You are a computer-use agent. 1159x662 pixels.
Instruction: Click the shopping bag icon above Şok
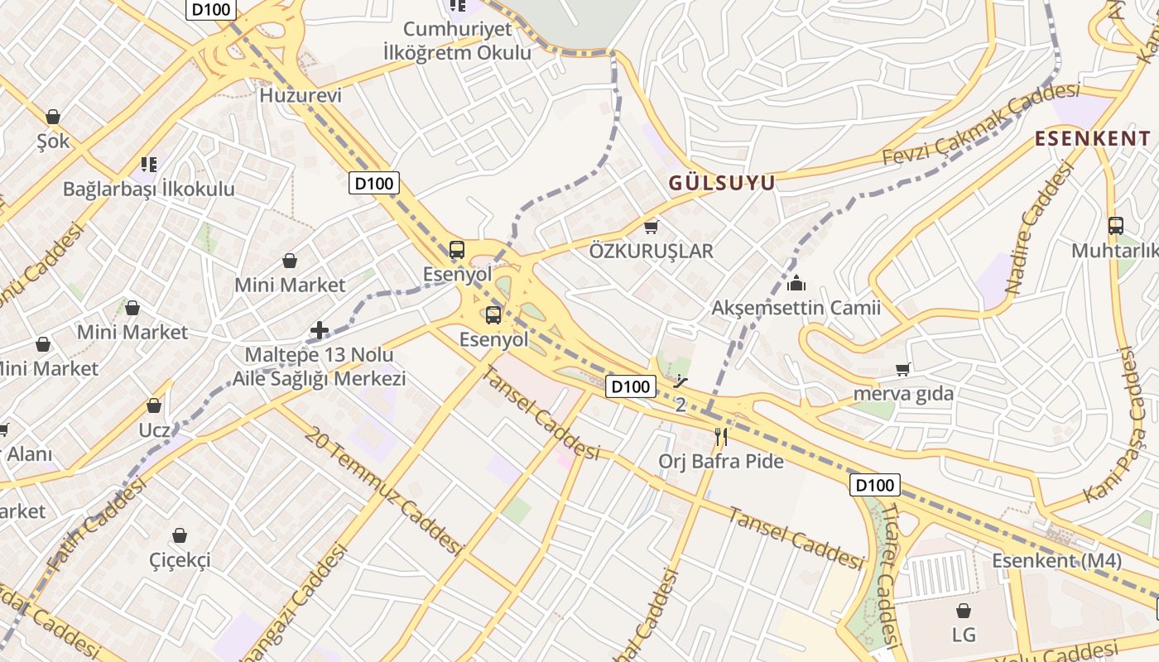[53, 117]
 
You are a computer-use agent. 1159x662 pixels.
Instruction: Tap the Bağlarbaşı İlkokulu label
[149, 189]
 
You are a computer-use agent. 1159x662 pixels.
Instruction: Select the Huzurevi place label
[301, 95]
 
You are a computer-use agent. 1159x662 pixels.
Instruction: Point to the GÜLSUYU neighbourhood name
[722, 183]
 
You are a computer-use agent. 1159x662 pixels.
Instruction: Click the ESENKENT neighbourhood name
[1093, 138]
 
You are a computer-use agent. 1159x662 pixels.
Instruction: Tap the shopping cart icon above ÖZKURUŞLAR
[652, 226]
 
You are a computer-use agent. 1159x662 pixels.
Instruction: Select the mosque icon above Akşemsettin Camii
[796, 284]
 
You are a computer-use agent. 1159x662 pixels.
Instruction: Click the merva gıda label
[903, 394]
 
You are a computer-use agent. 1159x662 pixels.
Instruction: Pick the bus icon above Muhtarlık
[1115, 225]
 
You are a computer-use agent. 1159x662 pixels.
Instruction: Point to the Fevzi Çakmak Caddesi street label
[981, 124]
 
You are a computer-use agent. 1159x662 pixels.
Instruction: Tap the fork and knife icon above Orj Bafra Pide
[721, 436]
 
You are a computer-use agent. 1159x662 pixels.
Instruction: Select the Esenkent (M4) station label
[1057, 560]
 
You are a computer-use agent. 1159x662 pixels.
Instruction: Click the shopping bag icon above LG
[964, 611]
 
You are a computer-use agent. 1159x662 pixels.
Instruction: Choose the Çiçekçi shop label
[180, 560]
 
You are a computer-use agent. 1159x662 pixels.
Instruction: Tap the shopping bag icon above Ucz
[154, 405]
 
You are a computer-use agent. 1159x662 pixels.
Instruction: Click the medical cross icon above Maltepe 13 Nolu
[320, 331]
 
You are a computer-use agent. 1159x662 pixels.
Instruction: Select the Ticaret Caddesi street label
[887, 571]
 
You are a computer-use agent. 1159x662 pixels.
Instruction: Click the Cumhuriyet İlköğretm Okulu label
[458, 41]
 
